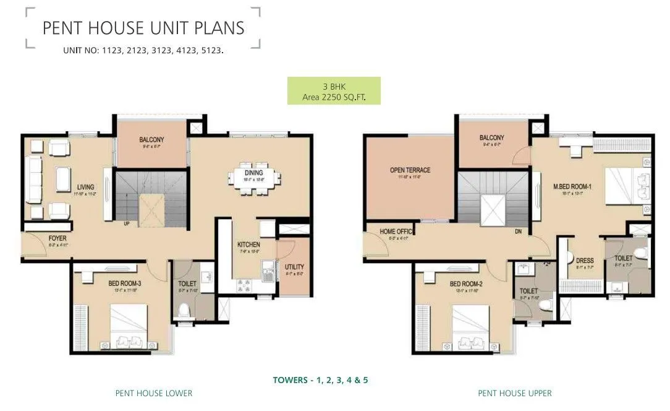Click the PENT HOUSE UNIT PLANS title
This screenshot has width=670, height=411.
[x=143, y=28]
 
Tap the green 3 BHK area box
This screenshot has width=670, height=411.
[x=333, y=90]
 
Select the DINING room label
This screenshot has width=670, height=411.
[x=253, y=172]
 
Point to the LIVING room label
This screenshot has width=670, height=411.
[x=85, y=186]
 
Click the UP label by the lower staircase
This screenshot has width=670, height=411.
[x=127, y=224]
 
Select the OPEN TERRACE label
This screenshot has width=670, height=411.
[x=410, y=170]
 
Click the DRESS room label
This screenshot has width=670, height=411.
[x=585, y=260]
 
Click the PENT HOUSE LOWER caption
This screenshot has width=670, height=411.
[x=153, y=393]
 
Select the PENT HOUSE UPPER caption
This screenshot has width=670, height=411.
[x=514, y=393]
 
